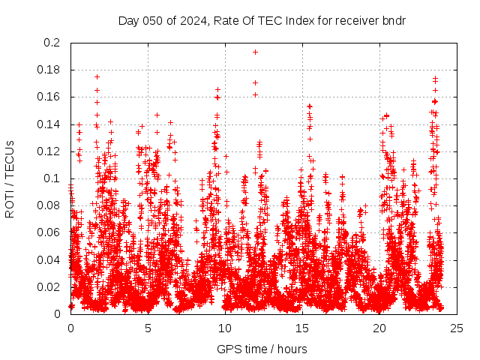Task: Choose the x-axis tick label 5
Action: click(x=148, y=328)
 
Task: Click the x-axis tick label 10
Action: click(x=225, y=328)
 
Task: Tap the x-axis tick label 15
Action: click(x=302, y=328)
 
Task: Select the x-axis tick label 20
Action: click(x=379, y=328)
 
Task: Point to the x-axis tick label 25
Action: click(x=457, y=328)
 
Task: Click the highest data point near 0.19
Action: click(x=255, y=52)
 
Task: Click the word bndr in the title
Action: click(x=394, y=20)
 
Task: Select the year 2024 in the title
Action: click(x=191, y=20)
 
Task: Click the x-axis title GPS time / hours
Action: click(x=262, y=349)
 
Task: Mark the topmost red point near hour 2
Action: click(x=97, y=76)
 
